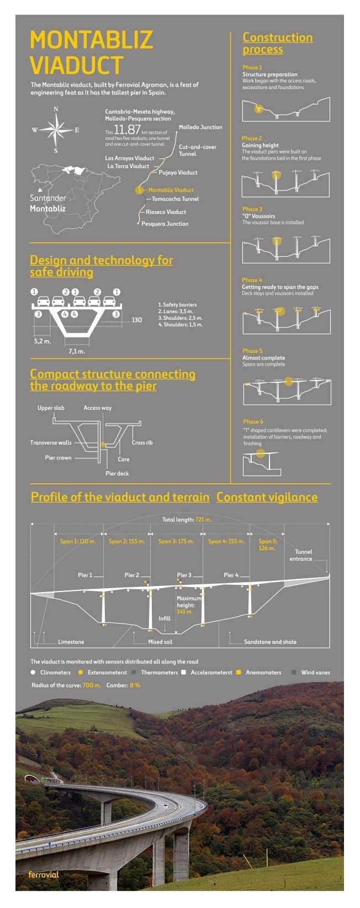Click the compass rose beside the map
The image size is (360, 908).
coord(56,130)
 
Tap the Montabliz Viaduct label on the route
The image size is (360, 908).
coord(171,190)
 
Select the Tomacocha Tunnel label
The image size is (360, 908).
coord(175,199)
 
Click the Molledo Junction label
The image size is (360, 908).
coord(200,127)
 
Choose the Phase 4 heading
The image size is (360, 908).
coord(252,280)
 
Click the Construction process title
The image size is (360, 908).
coord(277,44)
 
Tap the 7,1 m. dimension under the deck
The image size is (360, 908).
coord(77,351)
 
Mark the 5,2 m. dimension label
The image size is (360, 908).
coord(42,341)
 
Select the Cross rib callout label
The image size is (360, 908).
coord(142,442)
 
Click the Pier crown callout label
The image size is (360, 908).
coord(58,458)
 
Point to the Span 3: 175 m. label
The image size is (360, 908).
coord(176,541)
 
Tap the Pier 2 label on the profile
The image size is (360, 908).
coord(132,575)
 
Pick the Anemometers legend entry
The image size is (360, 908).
coord(263,672)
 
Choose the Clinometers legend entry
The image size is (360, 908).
coord(55,672)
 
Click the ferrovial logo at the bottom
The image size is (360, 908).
coord(44,874)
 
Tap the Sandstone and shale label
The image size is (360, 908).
coord(270,642)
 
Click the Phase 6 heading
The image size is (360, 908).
coord(253,421)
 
